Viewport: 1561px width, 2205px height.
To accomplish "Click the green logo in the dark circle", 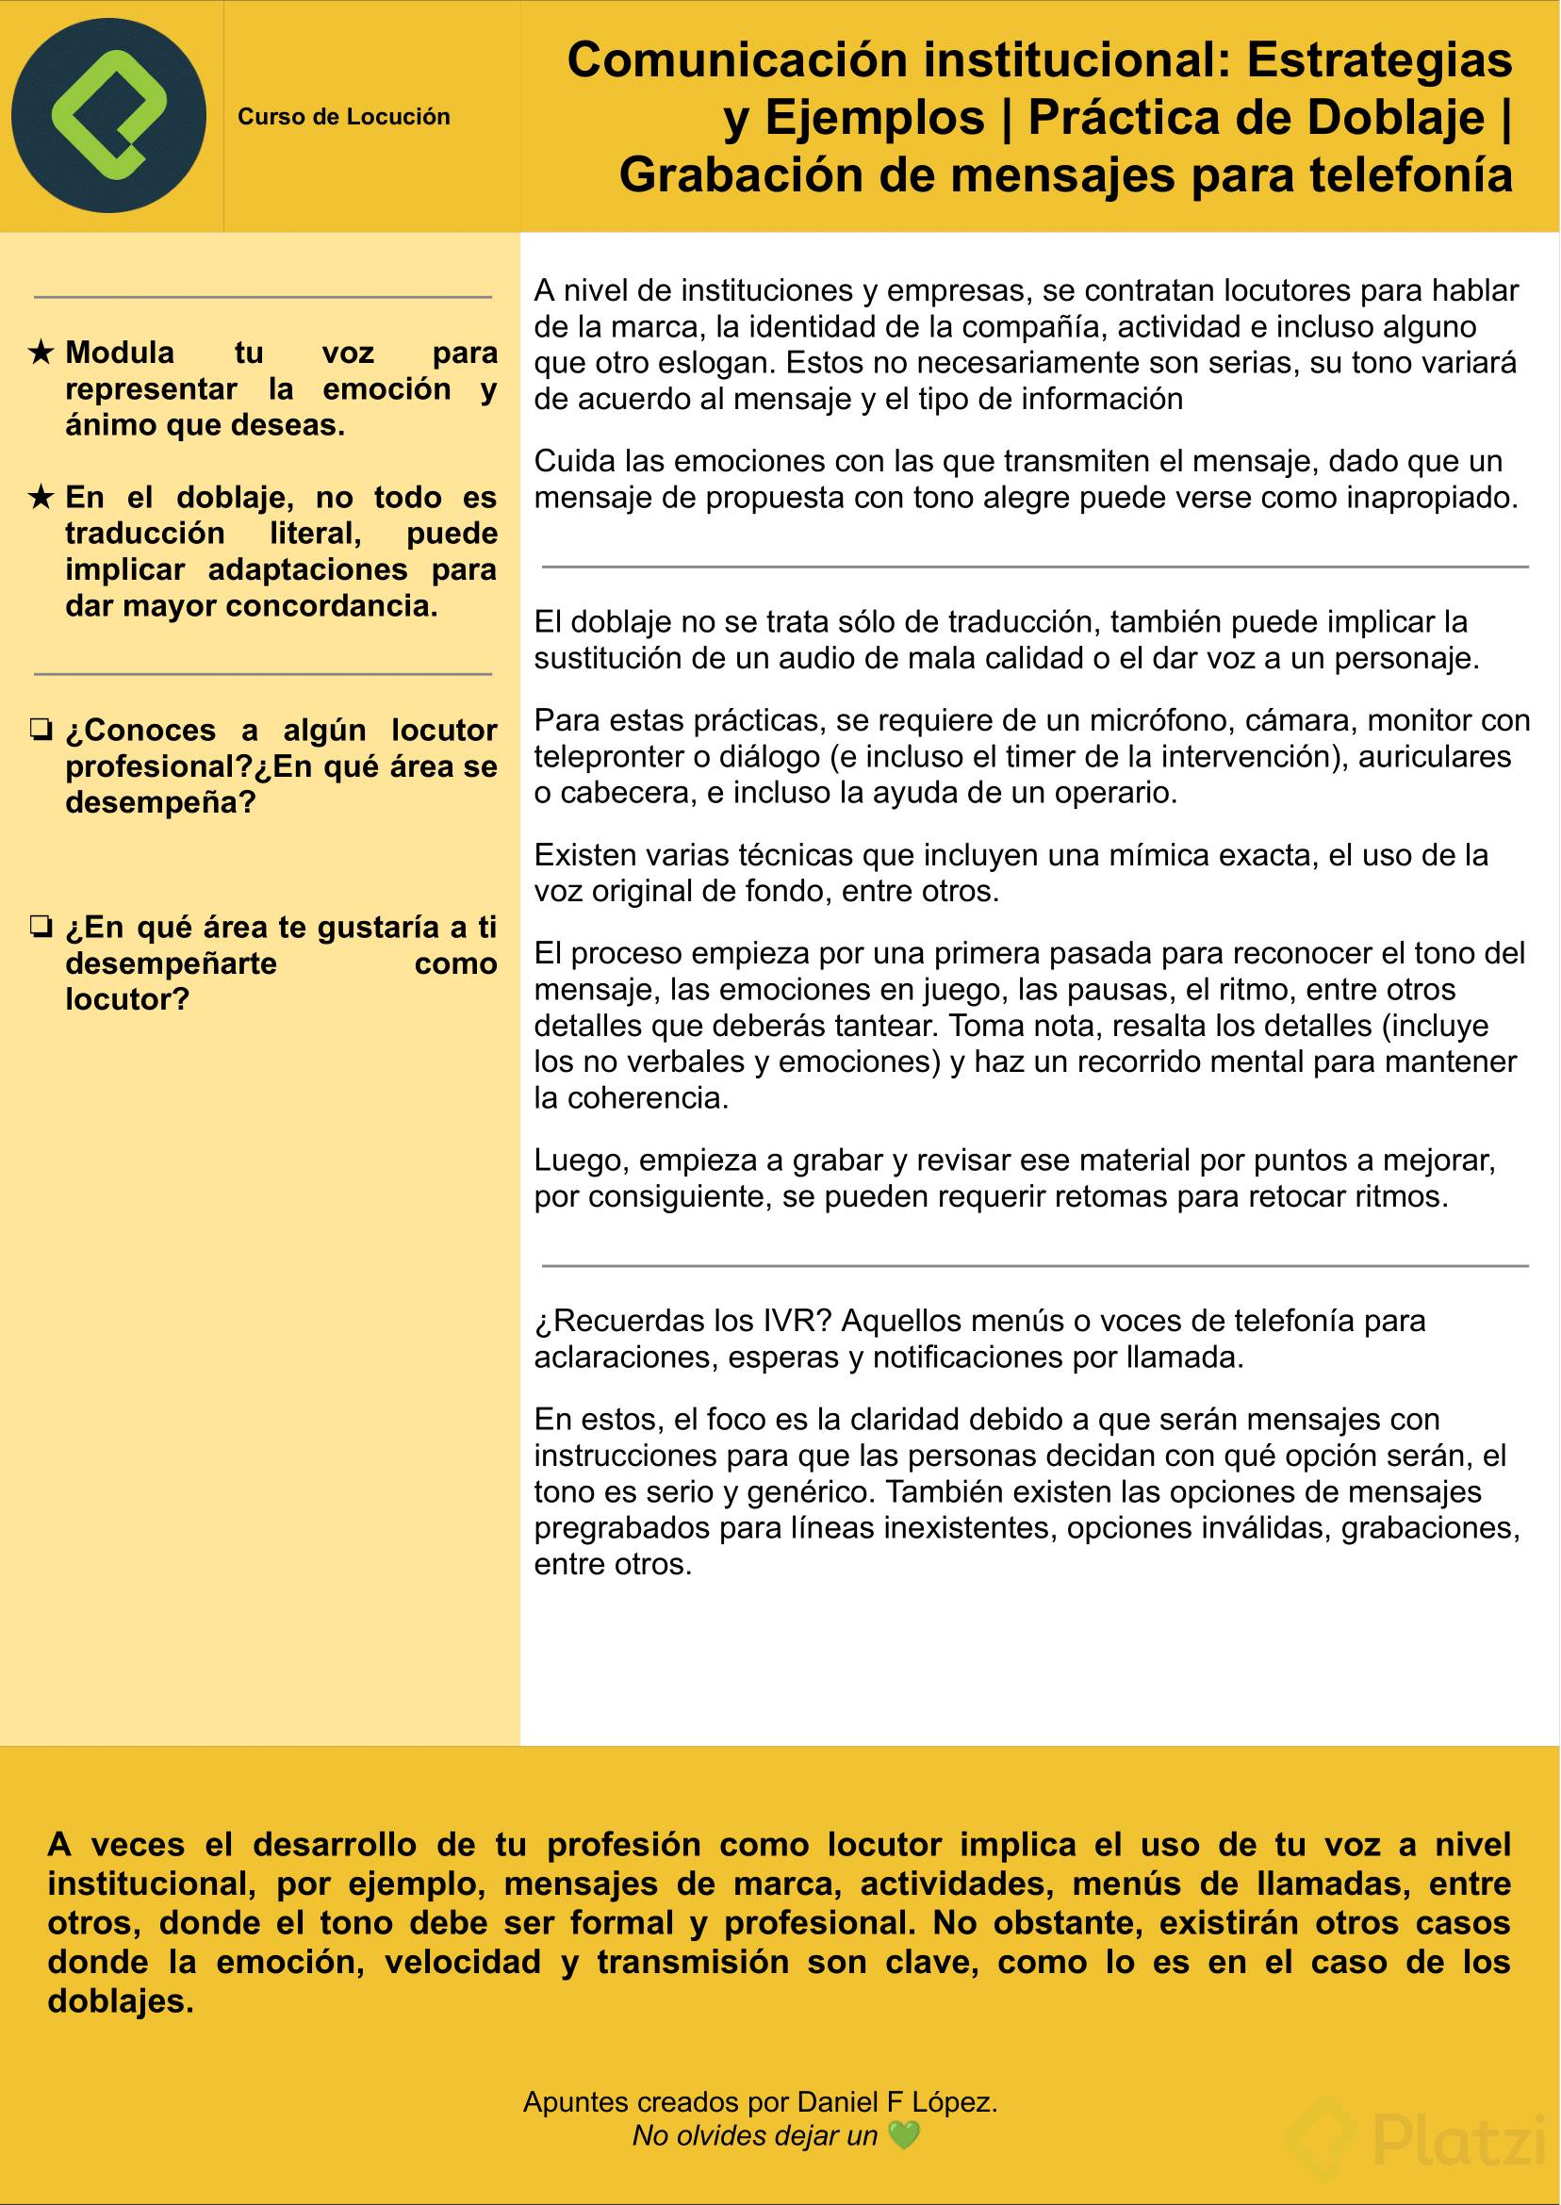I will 107,115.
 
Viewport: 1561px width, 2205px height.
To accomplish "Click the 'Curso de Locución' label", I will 343,117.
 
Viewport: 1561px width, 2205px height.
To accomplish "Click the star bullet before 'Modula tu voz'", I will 41,353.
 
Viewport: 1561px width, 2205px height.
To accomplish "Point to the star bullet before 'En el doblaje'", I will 41,497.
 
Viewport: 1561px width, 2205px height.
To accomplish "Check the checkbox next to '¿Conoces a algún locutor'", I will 41,731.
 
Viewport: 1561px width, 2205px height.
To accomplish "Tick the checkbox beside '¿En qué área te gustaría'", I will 41,928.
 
